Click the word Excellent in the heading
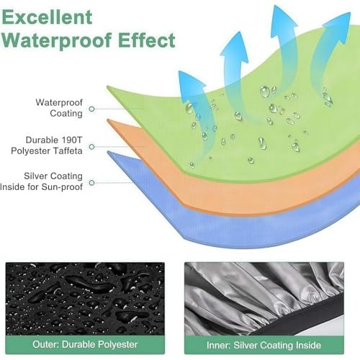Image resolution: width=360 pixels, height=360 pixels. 47,17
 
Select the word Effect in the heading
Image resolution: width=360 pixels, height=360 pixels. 146,40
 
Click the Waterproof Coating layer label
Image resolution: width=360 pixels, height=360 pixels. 59,108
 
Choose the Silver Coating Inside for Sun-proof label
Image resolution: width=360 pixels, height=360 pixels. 41,181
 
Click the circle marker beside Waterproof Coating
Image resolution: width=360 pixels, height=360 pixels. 91,109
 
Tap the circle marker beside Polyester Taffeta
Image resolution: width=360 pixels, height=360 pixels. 91,147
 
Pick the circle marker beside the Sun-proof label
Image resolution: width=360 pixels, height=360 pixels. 91,183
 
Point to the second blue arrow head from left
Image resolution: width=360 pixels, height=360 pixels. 235,48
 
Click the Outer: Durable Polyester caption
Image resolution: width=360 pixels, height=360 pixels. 85,344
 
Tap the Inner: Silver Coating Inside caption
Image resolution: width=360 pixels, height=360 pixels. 264,345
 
